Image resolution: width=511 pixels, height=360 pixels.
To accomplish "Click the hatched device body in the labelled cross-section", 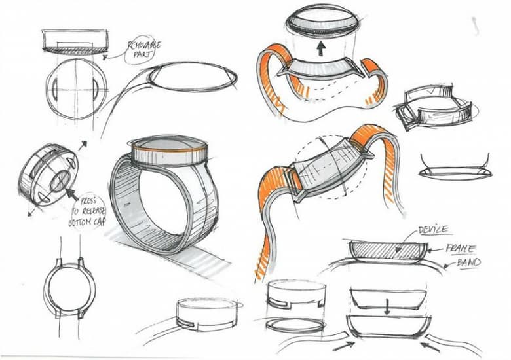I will pyautogui.click(x=387, y=249).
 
